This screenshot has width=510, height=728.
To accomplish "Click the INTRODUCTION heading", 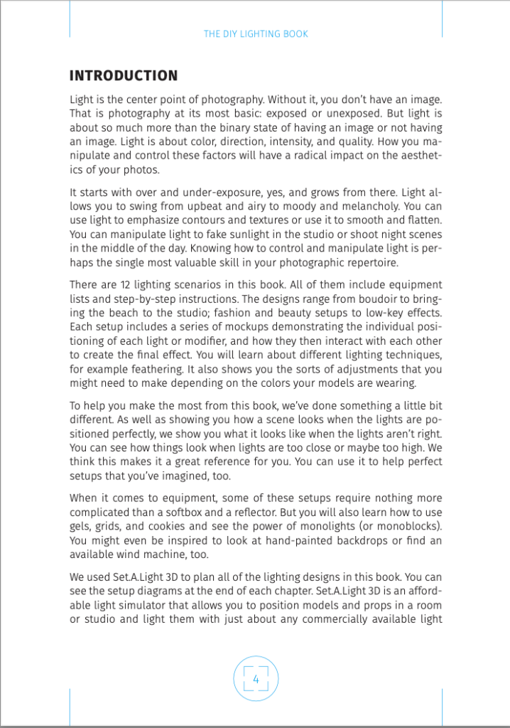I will [x=123, y=76].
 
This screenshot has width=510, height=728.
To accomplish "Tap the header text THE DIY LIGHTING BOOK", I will [x=256, y=33].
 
